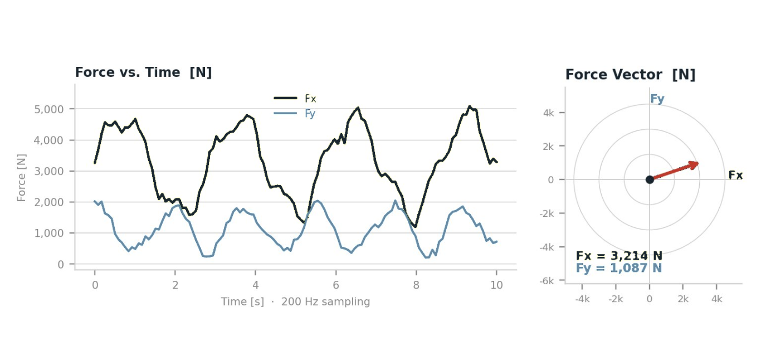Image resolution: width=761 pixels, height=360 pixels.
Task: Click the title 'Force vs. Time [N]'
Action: [143, 72]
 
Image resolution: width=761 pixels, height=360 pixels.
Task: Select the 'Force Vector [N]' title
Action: [630, 75]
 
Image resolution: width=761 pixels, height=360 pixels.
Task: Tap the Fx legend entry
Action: [296, 99]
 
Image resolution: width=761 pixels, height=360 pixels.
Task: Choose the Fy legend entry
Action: [296, 114]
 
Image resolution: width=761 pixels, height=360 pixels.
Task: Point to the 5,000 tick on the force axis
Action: [49, 109]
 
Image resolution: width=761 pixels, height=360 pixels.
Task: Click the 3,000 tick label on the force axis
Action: [49, 171]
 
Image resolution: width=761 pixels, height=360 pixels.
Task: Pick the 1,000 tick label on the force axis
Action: [49, 233]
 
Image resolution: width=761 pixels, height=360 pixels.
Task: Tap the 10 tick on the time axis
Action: [496, 285]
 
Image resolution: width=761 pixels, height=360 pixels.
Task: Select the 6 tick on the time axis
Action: [336, 285]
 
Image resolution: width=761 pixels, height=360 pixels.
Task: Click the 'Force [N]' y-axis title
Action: [22, 178]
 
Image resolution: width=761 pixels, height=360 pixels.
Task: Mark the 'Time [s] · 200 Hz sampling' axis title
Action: [295, 302]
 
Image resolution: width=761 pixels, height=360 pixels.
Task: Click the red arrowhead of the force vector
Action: [694, 164]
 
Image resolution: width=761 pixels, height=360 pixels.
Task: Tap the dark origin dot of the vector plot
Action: [650, 179]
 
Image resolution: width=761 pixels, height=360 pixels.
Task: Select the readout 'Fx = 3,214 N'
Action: [619, 256]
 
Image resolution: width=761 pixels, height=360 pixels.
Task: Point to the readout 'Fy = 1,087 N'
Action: [619, 268]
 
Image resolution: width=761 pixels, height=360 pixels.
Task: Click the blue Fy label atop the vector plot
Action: [657, 99]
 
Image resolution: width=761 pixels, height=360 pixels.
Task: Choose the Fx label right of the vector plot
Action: [735, 176]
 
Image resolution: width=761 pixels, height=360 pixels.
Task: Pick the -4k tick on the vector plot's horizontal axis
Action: [582, 299]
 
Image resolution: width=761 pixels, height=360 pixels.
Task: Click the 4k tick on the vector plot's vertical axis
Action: [549, 113]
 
